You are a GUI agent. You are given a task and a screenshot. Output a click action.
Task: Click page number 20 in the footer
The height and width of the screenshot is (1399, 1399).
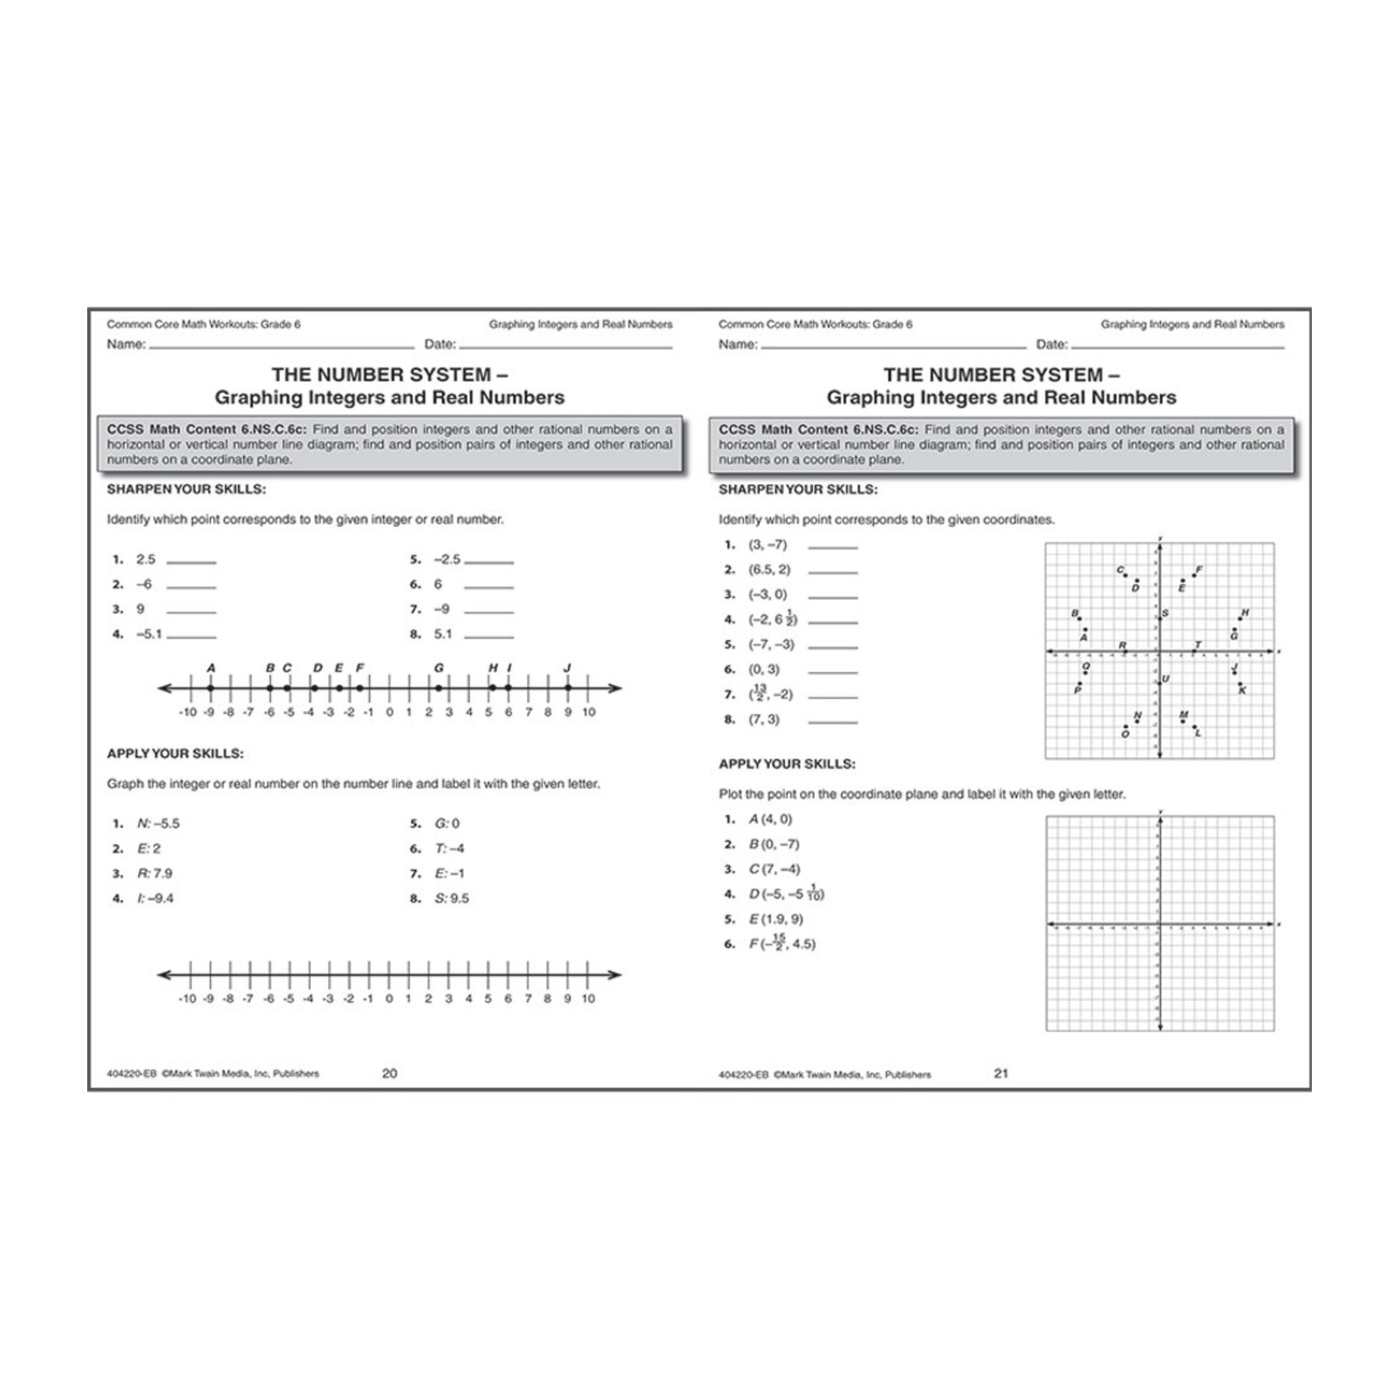tap(390, 1073)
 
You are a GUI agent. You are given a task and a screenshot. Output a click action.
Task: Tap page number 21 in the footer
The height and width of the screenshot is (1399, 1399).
tap(1001, 1073)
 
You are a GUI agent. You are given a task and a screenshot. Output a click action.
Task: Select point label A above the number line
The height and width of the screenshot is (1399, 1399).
tap(211, 667)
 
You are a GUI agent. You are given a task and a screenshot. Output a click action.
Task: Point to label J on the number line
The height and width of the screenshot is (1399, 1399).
tap(567, 667)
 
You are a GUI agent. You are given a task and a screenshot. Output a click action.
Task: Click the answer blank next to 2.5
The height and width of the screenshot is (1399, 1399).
tap(192, 561)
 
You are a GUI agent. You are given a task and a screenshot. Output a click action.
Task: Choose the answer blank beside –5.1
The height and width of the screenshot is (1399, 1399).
tap(192, 636)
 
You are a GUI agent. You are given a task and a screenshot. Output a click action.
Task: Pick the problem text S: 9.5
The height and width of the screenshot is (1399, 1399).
tap(451, 899)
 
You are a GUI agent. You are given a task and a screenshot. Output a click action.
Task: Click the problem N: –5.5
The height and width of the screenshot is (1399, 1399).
tap(158, 823)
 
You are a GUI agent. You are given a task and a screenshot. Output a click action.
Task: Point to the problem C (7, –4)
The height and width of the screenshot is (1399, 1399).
tap(774, 869)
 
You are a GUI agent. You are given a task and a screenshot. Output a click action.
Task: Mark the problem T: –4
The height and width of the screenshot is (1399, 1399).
tap(449, 849)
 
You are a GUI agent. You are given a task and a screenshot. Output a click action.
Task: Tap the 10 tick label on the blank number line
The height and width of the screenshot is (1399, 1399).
tap(589, 998)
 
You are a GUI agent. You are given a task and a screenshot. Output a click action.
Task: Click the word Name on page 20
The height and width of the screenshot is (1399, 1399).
tap(124, 344)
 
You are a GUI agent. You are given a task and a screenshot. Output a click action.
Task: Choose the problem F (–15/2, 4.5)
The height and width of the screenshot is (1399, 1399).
tap(782, 943)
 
